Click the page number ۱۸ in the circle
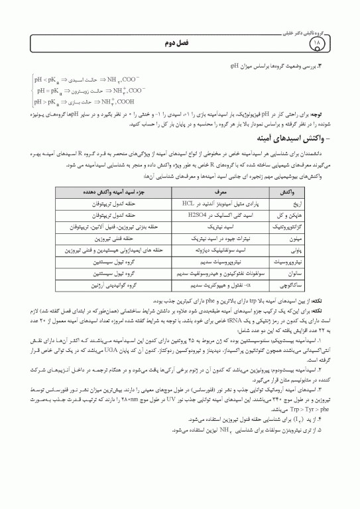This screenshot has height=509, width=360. tap(333, 44)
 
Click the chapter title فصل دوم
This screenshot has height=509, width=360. tap(180, 42)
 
